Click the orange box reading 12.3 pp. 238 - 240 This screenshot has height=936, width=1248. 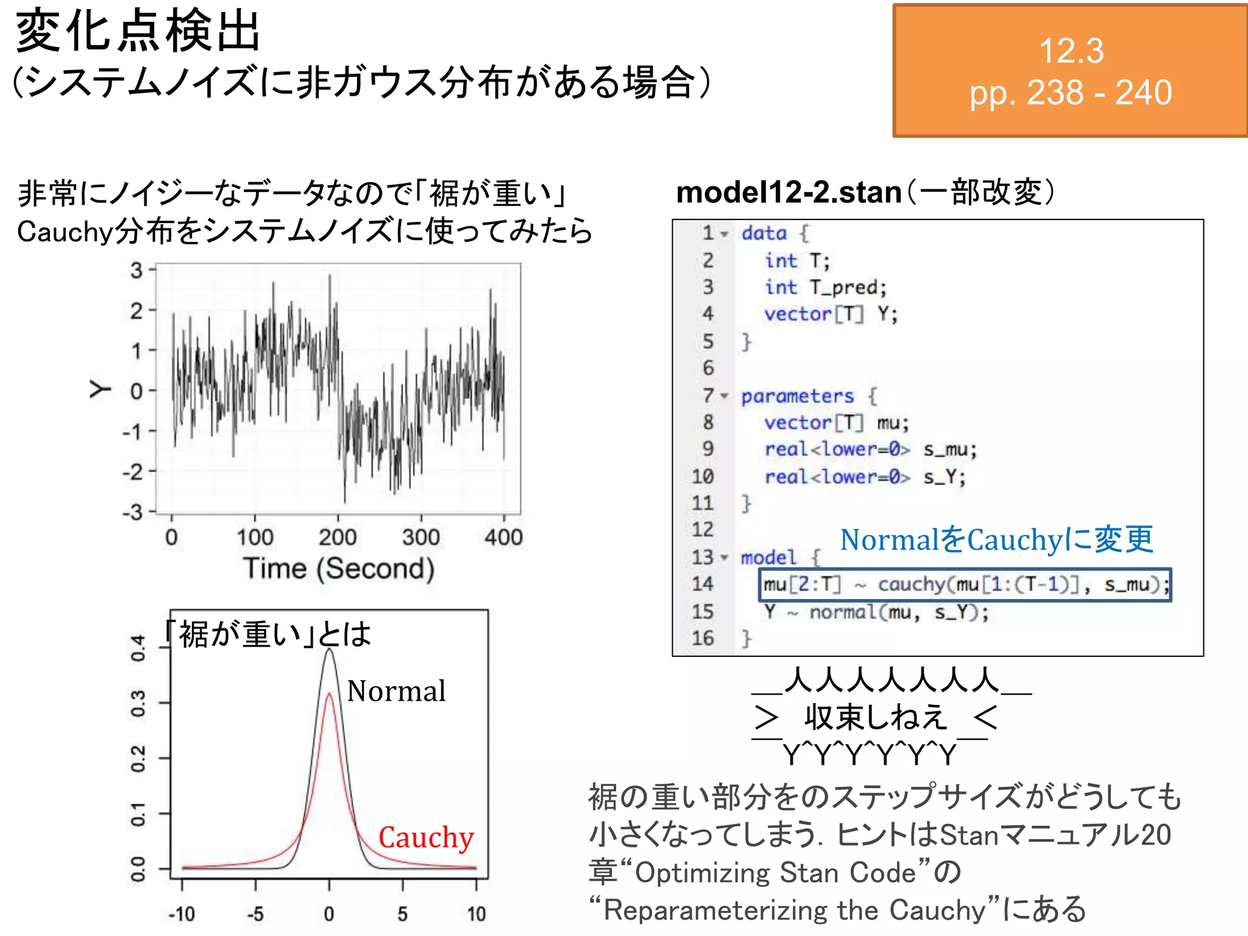(1069, 71)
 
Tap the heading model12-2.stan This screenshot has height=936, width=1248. (789, 193)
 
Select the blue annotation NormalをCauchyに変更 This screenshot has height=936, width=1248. (996, 540)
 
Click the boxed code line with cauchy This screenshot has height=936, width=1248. (965, 585)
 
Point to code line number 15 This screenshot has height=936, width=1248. (702, 611)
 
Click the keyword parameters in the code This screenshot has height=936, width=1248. (797, 396)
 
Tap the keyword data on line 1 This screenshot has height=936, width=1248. (764, 233)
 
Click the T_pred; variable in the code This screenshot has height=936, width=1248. (848, 288)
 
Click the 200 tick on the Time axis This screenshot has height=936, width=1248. (338, 537)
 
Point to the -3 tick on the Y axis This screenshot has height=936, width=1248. (133, 512)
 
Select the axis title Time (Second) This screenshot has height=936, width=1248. (339, 569)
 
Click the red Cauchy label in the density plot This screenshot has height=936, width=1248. (426, 837)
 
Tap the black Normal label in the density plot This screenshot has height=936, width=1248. (396, 691)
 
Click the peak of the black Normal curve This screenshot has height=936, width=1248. (329, 650)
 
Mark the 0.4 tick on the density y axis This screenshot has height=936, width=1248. (138, 648)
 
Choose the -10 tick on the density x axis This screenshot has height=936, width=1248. (182, 913)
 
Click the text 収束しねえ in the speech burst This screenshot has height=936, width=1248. (876, 717)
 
